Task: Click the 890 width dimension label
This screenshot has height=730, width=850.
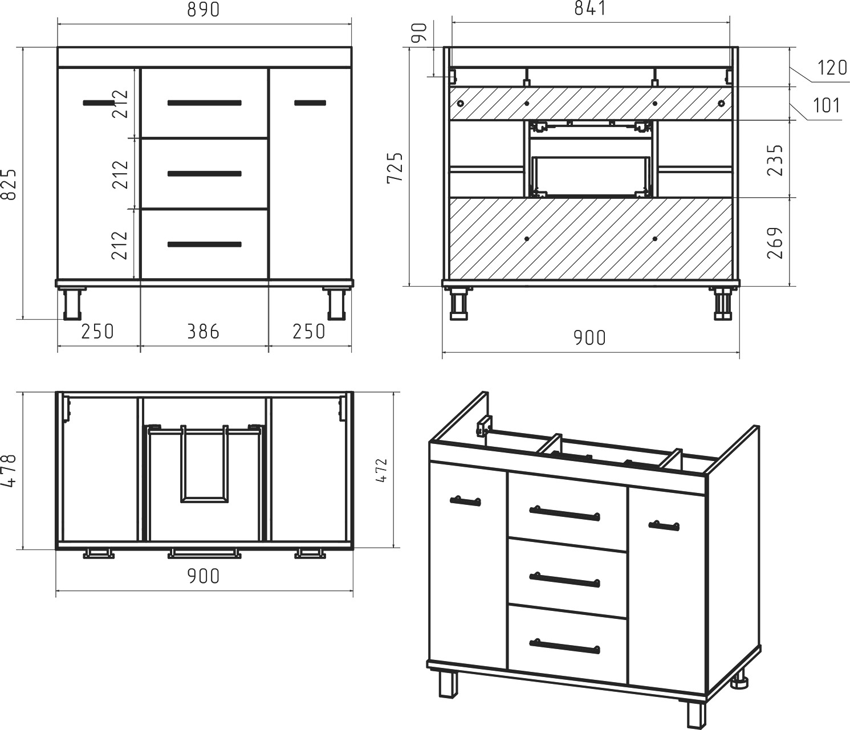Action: click(204, 10)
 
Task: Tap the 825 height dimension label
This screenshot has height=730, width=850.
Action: click(9, 183)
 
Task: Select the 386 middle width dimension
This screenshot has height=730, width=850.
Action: click(204, 332)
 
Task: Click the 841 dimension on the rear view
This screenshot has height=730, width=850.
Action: click(591, 8)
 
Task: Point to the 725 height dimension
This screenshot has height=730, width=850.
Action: click(396, 168)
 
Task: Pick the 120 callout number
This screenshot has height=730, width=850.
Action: click(832, 67)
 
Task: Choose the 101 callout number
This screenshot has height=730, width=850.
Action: click(827, 105)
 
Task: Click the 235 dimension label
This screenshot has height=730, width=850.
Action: click(775, 160)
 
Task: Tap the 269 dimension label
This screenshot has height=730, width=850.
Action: click(775, 243)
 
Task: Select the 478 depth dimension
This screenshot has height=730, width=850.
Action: click(9, 471)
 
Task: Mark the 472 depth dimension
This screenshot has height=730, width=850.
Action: click(381, 471)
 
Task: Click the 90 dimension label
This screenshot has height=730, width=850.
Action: click(420, 33)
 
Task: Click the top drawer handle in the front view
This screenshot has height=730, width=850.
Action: click(205, 103)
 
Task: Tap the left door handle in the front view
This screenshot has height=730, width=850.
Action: click(99, 103)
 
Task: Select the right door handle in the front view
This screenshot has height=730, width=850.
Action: click(310, 103)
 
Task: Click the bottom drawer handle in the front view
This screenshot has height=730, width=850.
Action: click(205, 244)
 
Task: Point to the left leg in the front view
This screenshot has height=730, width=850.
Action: click(72, 303)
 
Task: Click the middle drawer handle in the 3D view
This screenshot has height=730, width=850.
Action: click(564, 580)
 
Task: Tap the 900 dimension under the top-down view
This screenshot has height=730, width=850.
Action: click(204, 576)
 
